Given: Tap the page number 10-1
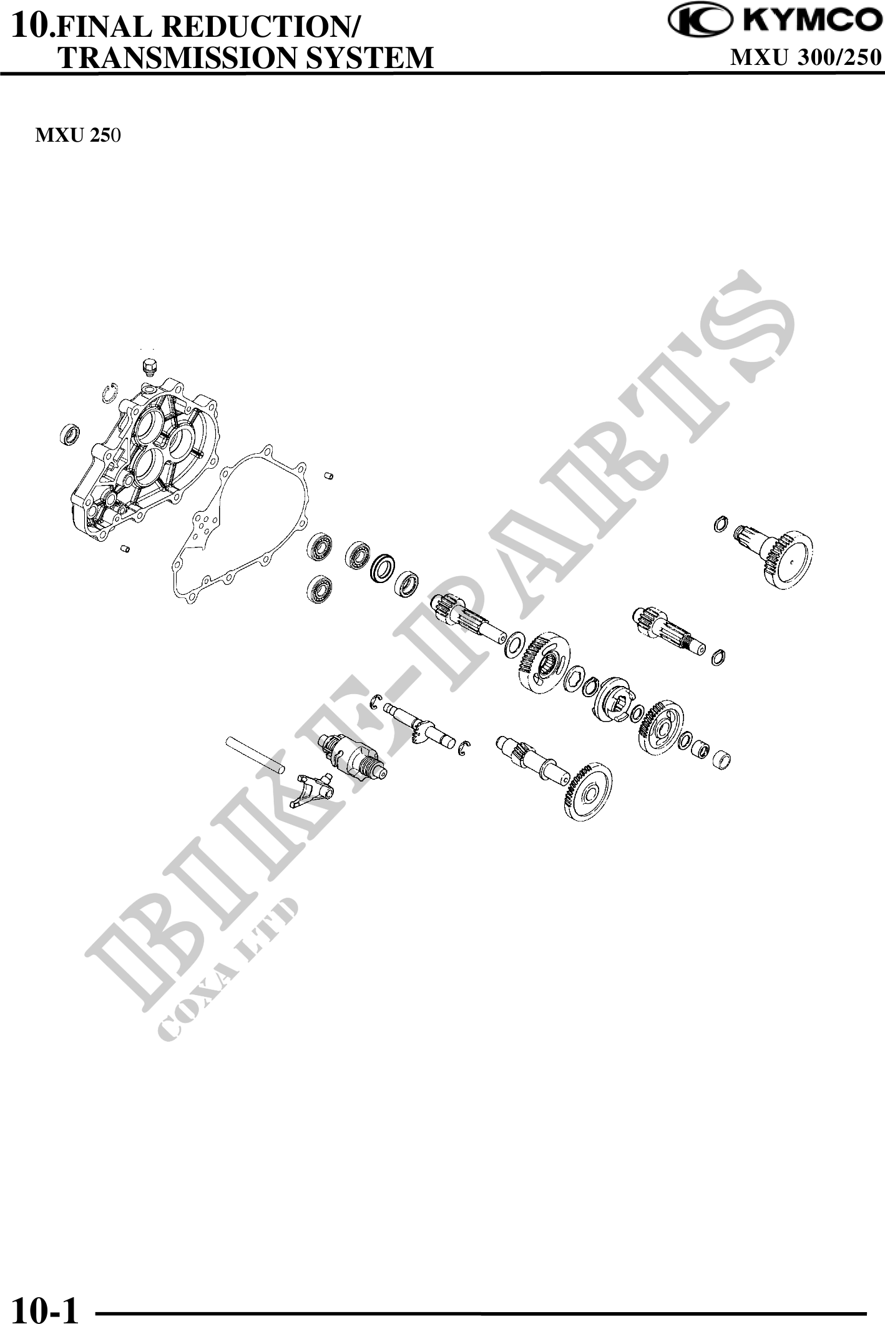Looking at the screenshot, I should coord(44,1306).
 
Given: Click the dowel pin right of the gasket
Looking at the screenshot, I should coord(329,477).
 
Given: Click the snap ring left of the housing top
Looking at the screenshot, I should coord(110,392).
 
